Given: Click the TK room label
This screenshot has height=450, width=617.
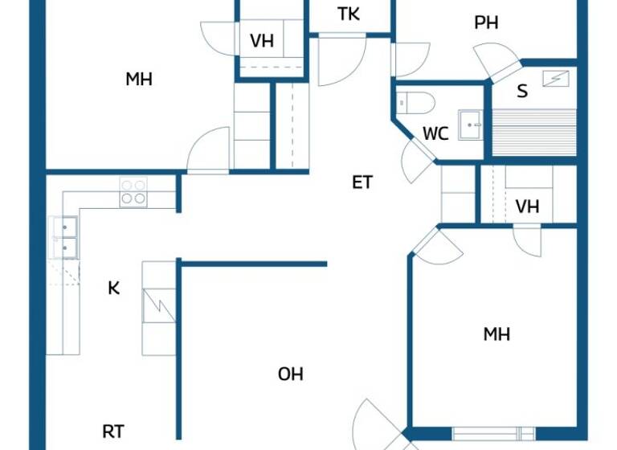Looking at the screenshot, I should click(349, 14).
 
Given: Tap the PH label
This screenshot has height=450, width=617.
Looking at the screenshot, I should click(486, 23).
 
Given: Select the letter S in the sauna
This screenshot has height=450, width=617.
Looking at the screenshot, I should click(522, 92).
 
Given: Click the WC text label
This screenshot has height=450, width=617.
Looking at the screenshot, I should click(435, 134).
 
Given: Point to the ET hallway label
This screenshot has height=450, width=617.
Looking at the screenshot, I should click(362, 182).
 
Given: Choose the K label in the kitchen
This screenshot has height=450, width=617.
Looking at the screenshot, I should click(114, 288).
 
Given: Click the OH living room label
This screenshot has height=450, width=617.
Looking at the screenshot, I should click(291, 374).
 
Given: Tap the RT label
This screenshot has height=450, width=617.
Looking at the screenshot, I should click(113, 432).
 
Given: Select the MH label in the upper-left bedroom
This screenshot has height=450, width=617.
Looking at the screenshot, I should click(139, 80).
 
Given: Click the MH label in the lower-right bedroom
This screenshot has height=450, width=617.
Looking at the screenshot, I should click(496, 334).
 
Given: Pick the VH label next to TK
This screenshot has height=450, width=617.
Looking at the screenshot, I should click(262, 42).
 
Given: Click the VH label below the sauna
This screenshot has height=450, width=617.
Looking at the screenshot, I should click(527, 207).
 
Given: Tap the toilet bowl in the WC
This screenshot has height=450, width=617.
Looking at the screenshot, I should click(415, 103).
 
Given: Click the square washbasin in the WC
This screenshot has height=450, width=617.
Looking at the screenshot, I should click(470, 125).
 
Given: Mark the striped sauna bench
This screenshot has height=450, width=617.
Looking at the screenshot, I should click(533, 132).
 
